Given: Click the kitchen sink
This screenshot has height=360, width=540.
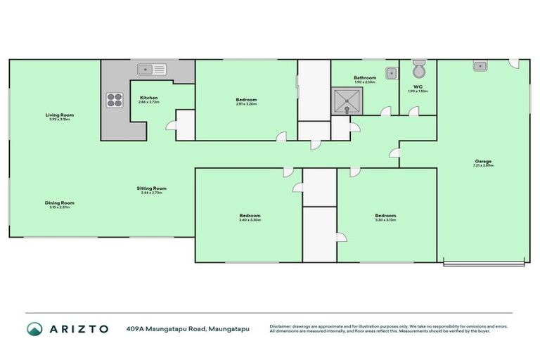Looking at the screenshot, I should click(151, 69).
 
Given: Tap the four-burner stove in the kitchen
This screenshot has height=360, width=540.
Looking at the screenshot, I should click(115, 101).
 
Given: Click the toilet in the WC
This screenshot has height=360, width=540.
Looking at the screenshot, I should click(418, 70).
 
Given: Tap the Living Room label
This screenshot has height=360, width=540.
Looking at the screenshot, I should click(59, 115).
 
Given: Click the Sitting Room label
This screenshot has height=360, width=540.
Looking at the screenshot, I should click(151, 188).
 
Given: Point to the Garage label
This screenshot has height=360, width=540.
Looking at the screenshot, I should click(482, 160).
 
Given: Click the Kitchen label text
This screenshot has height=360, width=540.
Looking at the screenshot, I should click(148, 97).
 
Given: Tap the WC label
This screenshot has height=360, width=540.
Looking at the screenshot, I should click(418, 86).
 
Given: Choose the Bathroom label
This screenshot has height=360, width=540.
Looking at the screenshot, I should click(365, 77).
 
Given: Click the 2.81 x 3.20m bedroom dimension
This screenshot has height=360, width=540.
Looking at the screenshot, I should click(246, 104).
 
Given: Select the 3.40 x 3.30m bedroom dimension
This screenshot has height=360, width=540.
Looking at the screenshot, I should click(250, 220).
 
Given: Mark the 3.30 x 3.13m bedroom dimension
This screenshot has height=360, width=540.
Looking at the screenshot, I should click(385, 220).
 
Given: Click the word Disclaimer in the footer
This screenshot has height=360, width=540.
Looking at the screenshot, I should click(283, 326).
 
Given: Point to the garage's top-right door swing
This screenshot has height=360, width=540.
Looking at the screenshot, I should click(515, 63).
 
